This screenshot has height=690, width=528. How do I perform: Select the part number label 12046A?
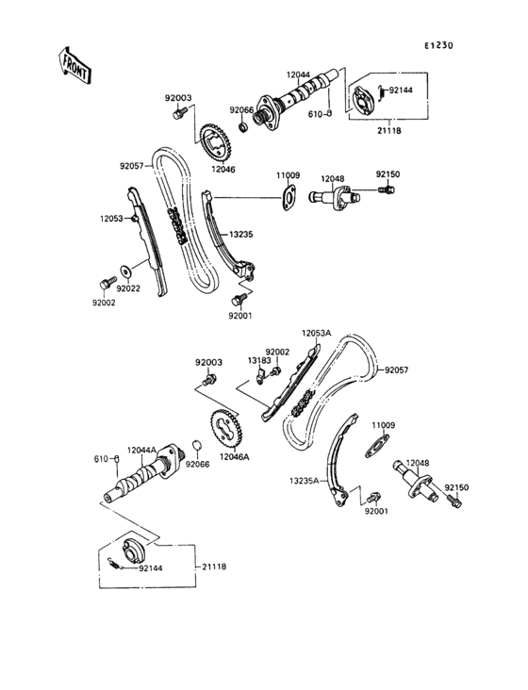[234, 457]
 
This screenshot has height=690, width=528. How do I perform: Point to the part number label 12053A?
[316, 333]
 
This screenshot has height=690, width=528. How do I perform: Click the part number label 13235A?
[305, 480]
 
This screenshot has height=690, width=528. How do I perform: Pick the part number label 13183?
[259, 360]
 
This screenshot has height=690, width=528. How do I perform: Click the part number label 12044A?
[143, 450]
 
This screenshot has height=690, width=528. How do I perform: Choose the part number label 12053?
[112, 219]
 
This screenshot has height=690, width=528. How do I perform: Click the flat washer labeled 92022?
[127, 269]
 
